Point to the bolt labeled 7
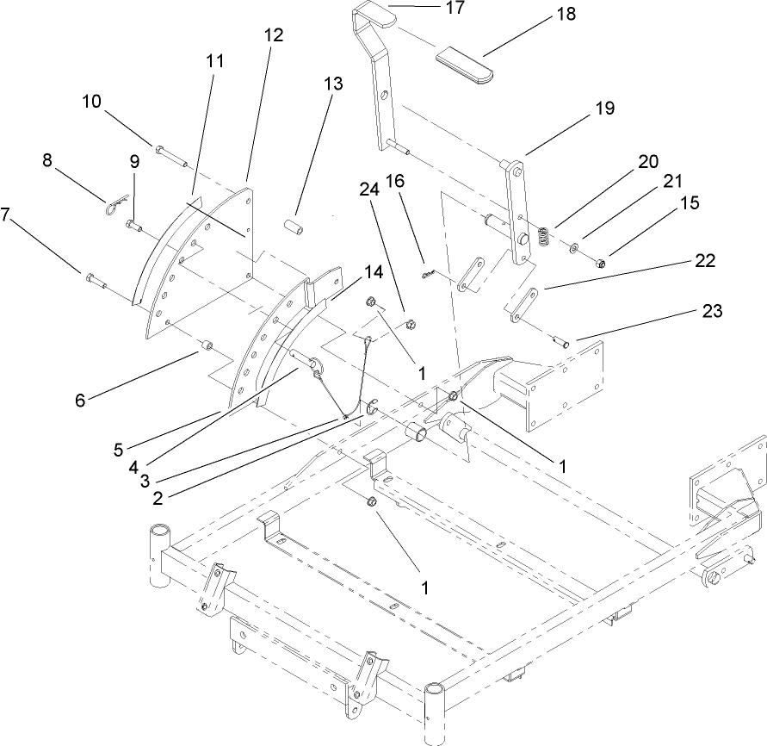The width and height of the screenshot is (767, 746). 94,279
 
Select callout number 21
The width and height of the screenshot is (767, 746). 672,181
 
